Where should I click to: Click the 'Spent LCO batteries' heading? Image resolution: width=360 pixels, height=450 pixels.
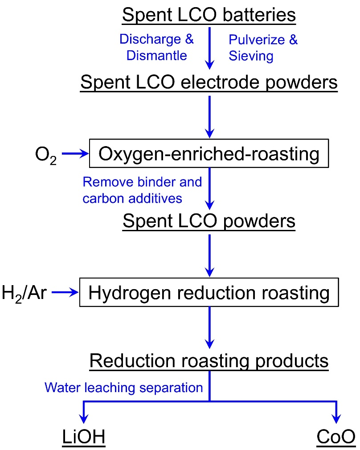[x=209, y=15]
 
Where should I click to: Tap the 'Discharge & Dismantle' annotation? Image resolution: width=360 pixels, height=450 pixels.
[x=156, y=47]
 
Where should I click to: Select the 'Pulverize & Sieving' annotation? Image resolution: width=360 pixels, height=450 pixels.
[x=263, y=47]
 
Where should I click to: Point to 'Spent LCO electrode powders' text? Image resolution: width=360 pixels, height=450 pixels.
[x=209, y=83]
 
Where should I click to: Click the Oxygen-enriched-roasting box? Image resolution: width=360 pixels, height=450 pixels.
[x=209, y=154]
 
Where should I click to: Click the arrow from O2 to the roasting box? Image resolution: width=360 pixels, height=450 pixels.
[x=74, y=154]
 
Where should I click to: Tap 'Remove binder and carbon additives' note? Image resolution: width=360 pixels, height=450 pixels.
[x=142, y=190]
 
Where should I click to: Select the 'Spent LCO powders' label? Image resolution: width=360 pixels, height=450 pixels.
[x=209, y=221]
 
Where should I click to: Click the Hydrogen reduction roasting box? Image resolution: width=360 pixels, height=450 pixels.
[x=209, y=293]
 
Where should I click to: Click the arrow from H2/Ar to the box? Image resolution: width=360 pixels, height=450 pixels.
[x=64, y=293]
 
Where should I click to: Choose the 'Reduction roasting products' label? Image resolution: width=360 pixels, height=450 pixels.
[x=209, y=361]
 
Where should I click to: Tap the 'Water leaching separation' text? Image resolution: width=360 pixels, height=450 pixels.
[x=123, y=388]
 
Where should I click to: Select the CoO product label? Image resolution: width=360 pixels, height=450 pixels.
[x=336, y=437]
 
